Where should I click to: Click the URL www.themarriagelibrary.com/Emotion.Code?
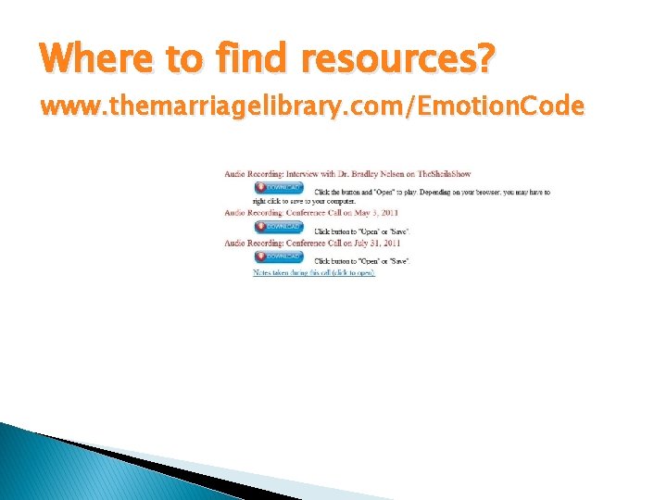(x=312, y=107)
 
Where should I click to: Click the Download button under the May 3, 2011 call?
(x=279, y=226)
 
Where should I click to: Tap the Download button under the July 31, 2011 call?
(x=279, y=256)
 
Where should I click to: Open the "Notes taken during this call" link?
(x=314, y=273)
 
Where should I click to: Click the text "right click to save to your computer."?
(x=290, y=201)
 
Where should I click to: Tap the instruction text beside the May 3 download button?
(x=361, y=231)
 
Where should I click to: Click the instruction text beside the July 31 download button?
(x=361, y=261)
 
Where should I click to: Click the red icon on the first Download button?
(x=260, y=188)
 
